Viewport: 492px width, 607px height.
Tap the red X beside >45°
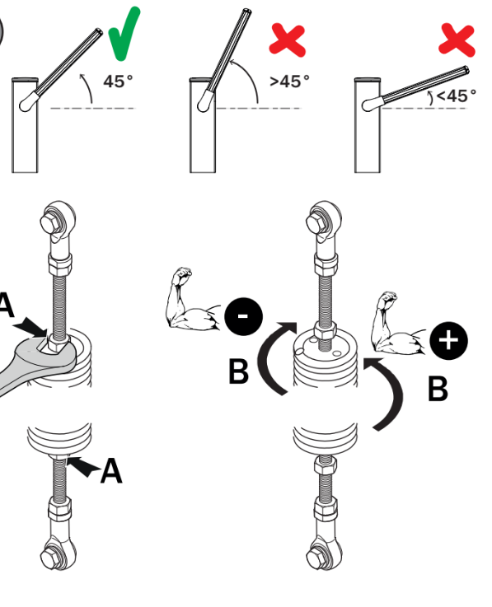[288, 40]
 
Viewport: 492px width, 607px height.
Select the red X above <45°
[457, 40]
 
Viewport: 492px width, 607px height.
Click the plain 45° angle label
[118, 82]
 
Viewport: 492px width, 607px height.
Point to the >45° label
[290, 82]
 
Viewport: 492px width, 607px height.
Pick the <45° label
[457, 96]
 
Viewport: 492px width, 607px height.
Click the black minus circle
[244, 316]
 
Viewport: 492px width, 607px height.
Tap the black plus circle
[448, 341]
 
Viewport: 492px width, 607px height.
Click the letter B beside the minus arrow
[239, 371]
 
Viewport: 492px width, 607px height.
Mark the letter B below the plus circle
[438, 388]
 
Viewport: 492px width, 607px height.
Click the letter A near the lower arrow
[111, 470]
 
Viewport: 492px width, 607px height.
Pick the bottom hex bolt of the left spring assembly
[49, 558]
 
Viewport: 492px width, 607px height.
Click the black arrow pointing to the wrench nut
[30, 327]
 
